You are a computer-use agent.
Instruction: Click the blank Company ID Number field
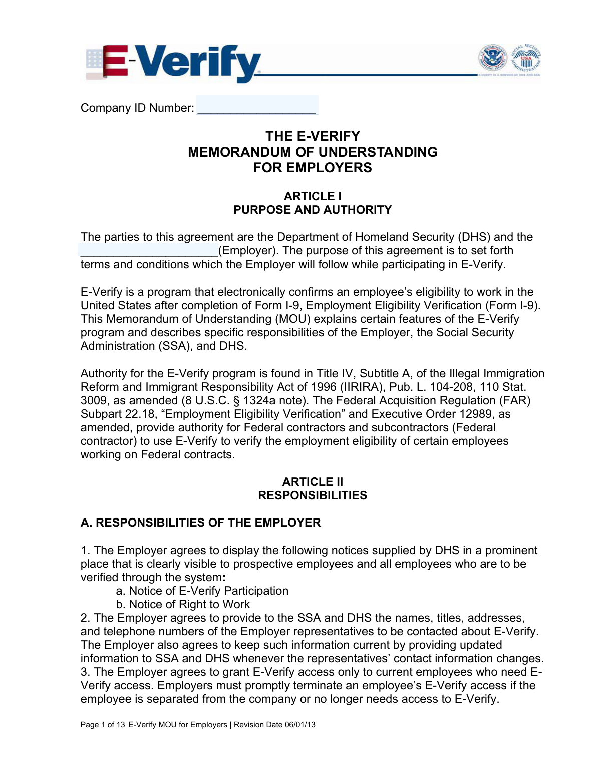coord(257,106)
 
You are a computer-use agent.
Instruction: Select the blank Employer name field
coord(149,251)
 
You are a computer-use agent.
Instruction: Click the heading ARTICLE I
coord(313,196)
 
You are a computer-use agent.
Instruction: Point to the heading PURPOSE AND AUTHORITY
coord(313,210)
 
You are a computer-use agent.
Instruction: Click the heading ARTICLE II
coord(313,482)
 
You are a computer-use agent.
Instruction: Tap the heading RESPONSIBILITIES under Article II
coord(313,495)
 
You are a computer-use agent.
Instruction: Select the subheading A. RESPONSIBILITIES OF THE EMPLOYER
coord(200,523)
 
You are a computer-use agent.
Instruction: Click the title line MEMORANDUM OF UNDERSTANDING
coord(313,152)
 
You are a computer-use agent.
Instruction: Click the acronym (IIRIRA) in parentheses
coord(362,387)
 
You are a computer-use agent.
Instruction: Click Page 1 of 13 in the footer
coord(103,725)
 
